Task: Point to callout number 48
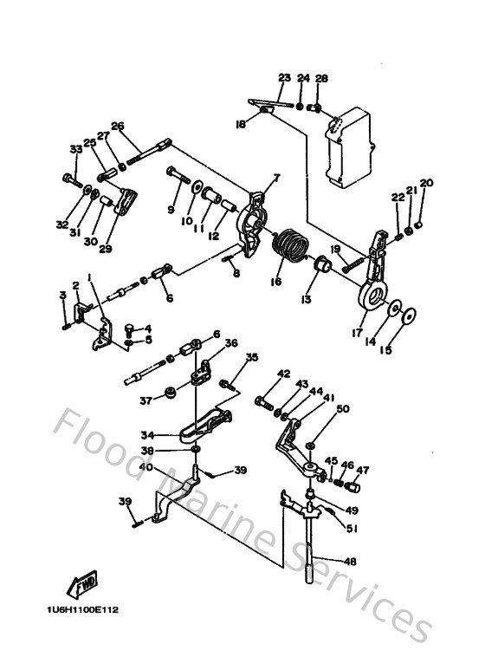(x=350, y=562)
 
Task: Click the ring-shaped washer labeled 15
(x=410, y=313)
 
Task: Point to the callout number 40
(x=145, y=468)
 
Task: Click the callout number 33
(x=75, y=149)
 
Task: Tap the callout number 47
(x=361, y=471)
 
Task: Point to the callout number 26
(x=118, y=125)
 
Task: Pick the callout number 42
(x=283, y=374)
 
